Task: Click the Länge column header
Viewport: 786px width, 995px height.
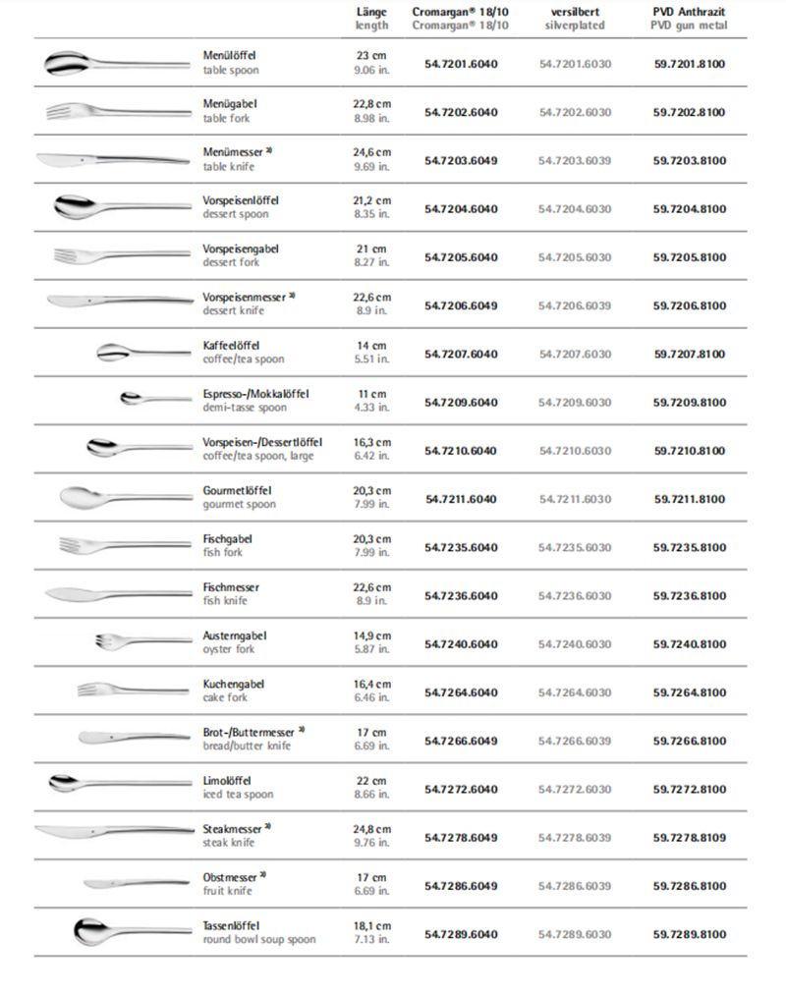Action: [371, 18]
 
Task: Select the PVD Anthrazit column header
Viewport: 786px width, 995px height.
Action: [689, 18]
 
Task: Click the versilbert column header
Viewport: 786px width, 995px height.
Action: [575, 18]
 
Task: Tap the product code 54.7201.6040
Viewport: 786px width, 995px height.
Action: [461, 64]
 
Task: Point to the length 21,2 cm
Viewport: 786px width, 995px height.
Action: [371, 200]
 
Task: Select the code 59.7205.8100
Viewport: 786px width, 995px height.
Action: [689, 257]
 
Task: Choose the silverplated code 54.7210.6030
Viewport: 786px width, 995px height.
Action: [575, 451]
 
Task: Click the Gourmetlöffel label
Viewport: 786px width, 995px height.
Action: [237, 490]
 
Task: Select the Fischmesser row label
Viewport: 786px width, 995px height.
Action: [231, 586]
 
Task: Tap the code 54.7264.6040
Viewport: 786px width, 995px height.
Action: [461, 692]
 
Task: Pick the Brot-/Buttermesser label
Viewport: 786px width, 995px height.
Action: [250, 732]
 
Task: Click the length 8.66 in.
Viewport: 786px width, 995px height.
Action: [371, 795]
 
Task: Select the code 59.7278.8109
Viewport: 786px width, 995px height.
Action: [689, 838]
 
